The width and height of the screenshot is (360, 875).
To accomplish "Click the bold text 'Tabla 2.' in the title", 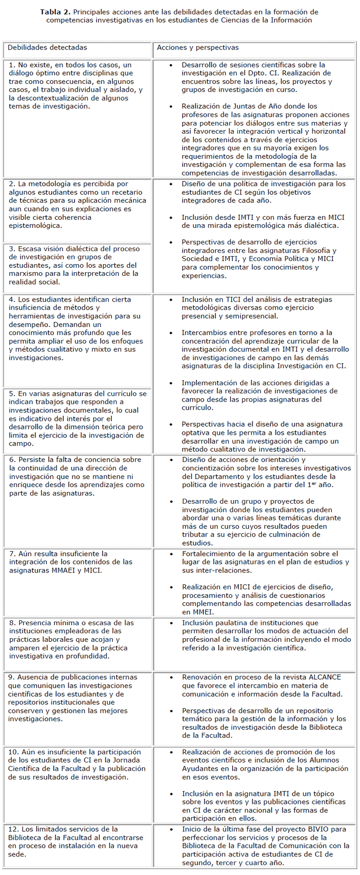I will [55, 12].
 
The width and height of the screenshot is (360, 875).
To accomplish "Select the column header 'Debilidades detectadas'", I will [47, 48].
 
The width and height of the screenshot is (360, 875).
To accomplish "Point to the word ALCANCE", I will [325, 677].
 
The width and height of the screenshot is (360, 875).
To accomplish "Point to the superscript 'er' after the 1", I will [310, 483].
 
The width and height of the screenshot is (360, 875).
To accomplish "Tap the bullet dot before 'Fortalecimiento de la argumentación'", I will [171, 554].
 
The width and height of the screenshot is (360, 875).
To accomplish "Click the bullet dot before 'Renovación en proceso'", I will [171, 677].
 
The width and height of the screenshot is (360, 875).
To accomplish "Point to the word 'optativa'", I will [196, 433].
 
